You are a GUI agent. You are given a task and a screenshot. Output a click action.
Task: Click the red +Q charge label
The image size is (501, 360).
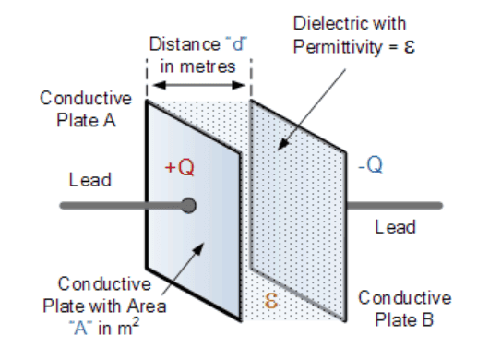180,167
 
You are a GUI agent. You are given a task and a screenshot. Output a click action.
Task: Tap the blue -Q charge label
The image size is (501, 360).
370,165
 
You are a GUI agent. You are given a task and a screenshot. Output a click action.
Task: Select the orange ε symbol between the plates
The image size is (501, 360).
270,301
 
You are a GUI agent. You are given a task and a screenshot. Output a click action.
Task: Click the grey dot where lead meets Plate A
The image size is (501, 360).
188,205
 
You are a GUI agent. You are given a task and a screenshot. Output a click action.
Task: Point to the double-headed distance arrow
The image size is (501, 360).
198,85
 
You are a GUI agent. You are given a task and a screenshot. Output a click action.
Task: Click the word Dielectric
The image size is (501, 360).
328,23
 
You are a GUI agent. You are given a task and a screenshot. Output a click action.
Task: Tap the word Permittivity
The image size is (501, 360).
338,47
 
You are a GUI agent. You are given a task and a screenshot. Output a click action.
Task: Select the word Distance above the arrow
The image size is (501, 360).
185,43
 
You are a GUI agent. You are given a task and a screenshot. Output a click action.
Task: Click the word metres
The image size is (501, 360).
208,66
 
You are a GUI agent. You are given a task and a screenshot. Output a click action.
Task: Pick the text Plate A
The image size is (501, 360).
86,121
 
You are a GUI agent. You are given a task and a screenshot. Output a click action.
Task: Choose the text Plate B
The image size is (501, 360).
404,319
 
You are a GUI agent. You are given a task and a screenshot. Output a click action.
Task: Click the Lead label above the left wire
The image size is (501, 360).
90,180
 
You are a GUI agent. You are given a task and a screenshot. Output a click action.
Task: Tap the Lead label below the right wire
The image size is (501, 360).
395,227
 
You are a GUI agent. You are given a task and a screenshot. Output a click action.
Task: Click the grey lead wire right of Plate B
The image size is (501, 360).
394,205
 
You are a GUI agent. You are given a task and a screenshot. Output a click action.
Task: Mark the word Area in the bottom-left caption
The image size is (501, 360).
147,306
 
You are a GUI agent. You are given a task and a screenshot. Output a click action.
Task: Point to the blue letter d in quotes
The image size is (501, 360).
237,43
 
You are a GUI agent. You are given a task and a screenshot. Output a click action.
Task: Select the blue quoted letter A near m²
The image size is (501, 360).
80,328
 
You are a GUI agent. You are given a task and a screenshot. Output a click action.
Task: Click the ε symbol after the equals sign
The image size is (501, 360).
410,47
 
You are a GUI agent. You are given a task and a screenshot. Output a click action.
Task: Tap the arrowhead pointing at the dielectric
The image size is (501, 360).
283,144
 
